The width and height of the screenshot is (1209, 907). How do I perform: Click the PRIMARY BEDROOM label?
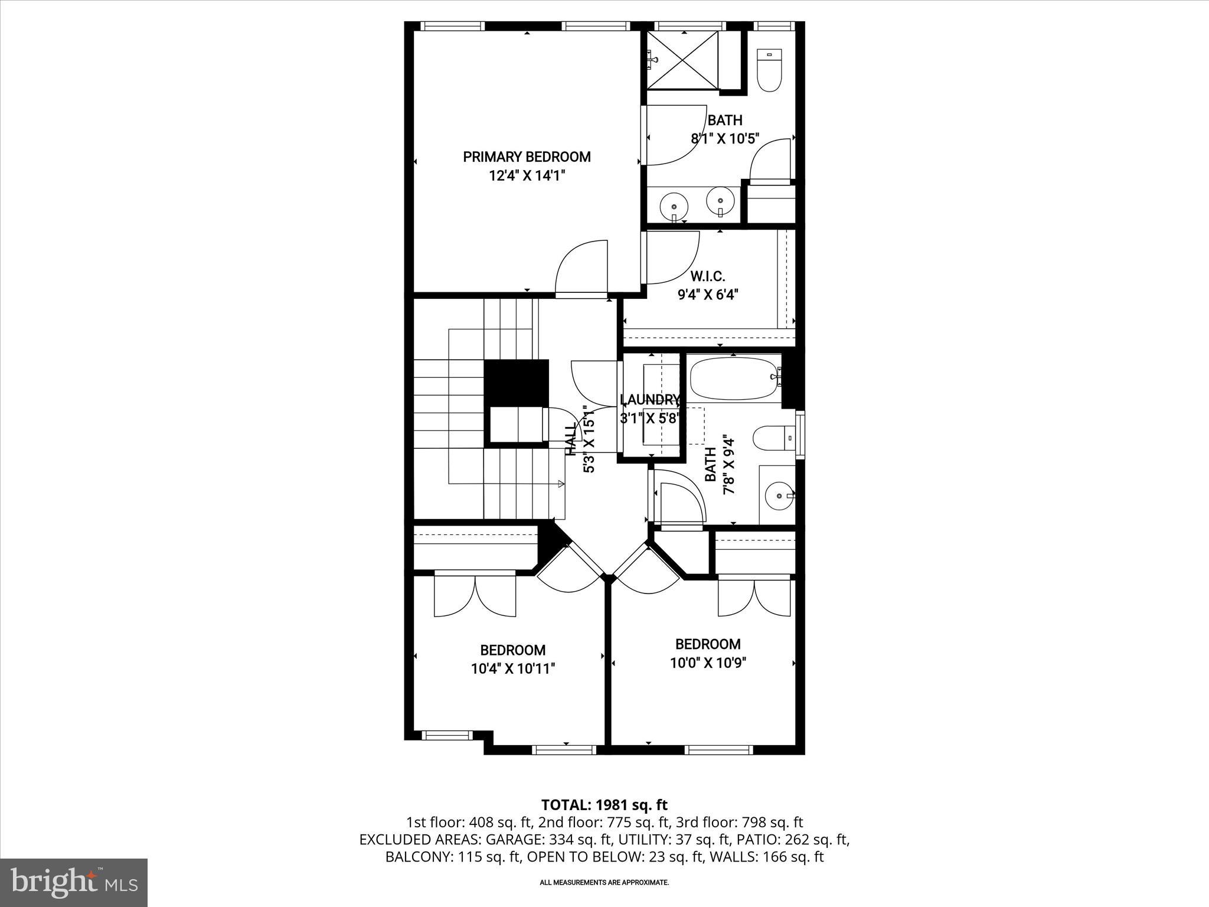[527, 156]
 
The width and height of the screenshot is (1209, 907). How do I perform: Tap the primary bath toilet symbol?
[769, 71]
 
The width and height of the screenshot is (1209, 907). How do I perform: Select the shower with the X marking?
[683, 60]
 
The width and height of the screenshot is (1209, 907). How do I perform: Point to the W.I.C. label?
[707, 276]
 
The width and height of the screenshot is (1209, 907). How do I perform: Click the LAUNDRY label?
[650, 400]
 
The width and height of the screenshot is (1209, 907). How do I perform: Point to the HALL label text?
[571, 440]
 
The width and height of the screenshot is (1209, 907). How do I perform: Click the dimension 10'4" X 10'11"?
[512, 668]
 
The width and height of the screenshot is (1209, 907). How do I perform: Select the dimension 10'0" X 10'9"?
[708, 663]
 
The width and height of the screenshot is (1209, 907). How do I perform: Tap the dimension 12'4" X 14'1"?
[527, 175]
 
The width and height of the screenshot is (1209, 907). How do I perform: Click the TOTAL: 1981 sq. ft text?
[604, 804]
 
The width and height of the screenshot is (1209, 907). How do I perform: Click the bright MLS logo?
[74, 882]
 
